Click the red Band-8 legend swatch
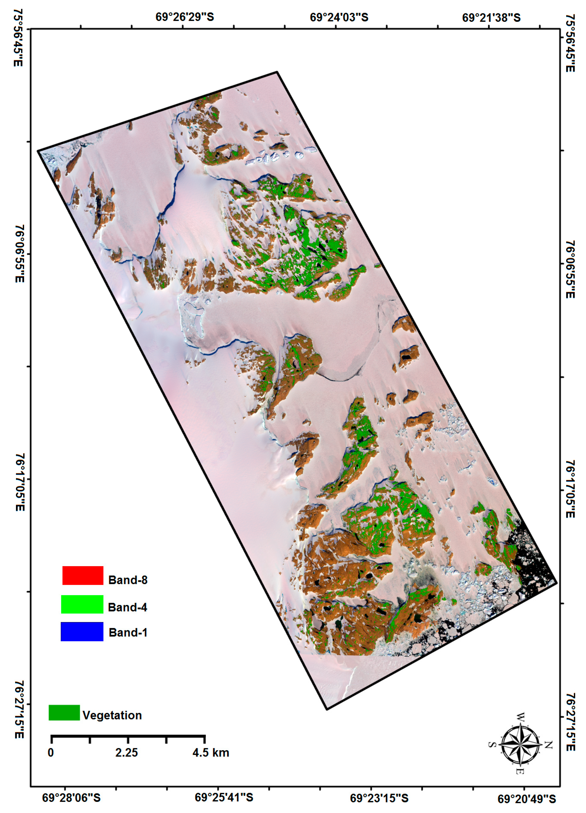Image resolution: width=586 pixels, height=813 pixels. [x=83, y=575]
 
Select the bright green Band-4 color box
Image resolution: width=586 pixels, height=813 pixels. [x=82, y=604]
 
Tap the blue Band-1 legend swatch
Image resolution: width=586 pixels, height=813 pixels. [x=82, y=631]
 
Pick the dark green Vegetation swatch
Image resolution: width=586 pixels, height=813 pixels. [x=64, y=712]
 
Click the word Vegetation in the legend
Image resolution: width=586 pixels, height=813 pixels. [x=112, y=715]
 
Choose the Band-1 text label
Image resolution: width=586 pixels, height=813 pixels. [x=128, y=632]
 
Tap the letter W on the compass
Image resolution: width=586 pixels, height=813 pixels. [x=520, y=717]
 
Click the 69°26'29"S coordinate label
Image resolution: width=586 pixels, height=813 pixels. [x=185, y=17]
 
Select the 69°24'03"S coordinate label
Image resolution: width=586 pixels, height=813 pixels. [x=339, y=17]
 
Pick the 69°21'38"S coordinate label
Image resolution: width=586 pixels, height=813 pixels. [x=491, y=17]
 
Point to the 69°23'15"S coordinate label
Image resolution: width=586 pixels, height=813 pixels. [x=379, y=798]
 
